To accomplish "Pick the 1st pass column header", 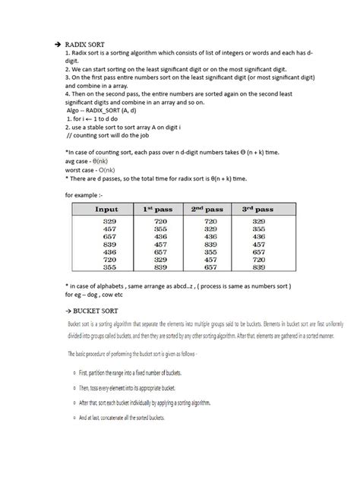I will click(159, 209).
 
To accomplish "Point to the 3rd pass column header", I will click(259, 209).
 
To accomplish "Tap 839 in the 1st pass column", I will click(159, 267).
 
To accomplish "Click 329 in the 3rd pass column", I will click(259, 219).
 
